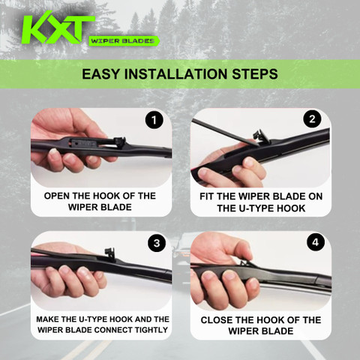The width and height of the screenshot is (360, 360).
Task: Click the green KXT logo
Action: (58, 28)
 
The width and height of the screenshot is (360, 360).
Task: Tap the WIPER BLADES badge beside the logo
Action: (124, 40)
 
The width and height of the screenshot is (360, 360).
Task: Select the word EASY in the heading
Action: (101, 74)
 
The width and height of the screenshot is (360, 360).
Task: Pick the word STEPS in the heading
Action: (255, 74)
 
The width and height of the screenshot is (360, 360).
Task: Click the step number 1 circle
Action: (154, 120)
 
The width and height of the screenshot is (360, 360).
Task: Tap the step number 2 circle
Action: (312, 118)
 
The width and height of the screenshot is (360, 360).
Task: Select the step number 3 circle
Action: (157, 243)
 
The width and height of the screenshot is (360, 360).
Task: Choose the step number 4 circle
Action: (316, 241)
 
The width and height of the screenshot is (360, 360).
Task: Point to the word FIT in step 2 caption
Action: (207, 196)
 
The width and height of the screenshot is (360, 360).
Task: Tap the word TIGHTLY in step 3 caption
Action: (151, 330)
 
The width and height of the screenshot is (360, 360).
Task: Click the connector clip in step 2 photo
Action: (261, 136)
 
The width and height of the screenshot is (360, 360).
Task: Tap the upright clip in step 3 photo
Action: (110, 253)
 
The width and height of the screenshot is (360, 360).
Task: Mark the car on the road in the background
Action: (181, 253)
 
